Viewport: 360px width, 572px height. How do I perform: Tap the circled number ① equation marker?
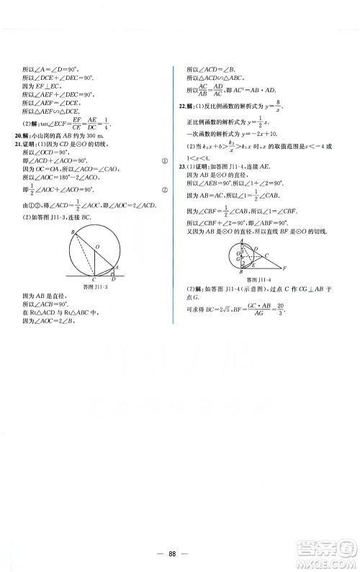pos(165,161)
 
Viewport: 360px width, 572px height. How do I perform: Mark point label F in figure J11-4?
pos(287,268)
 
